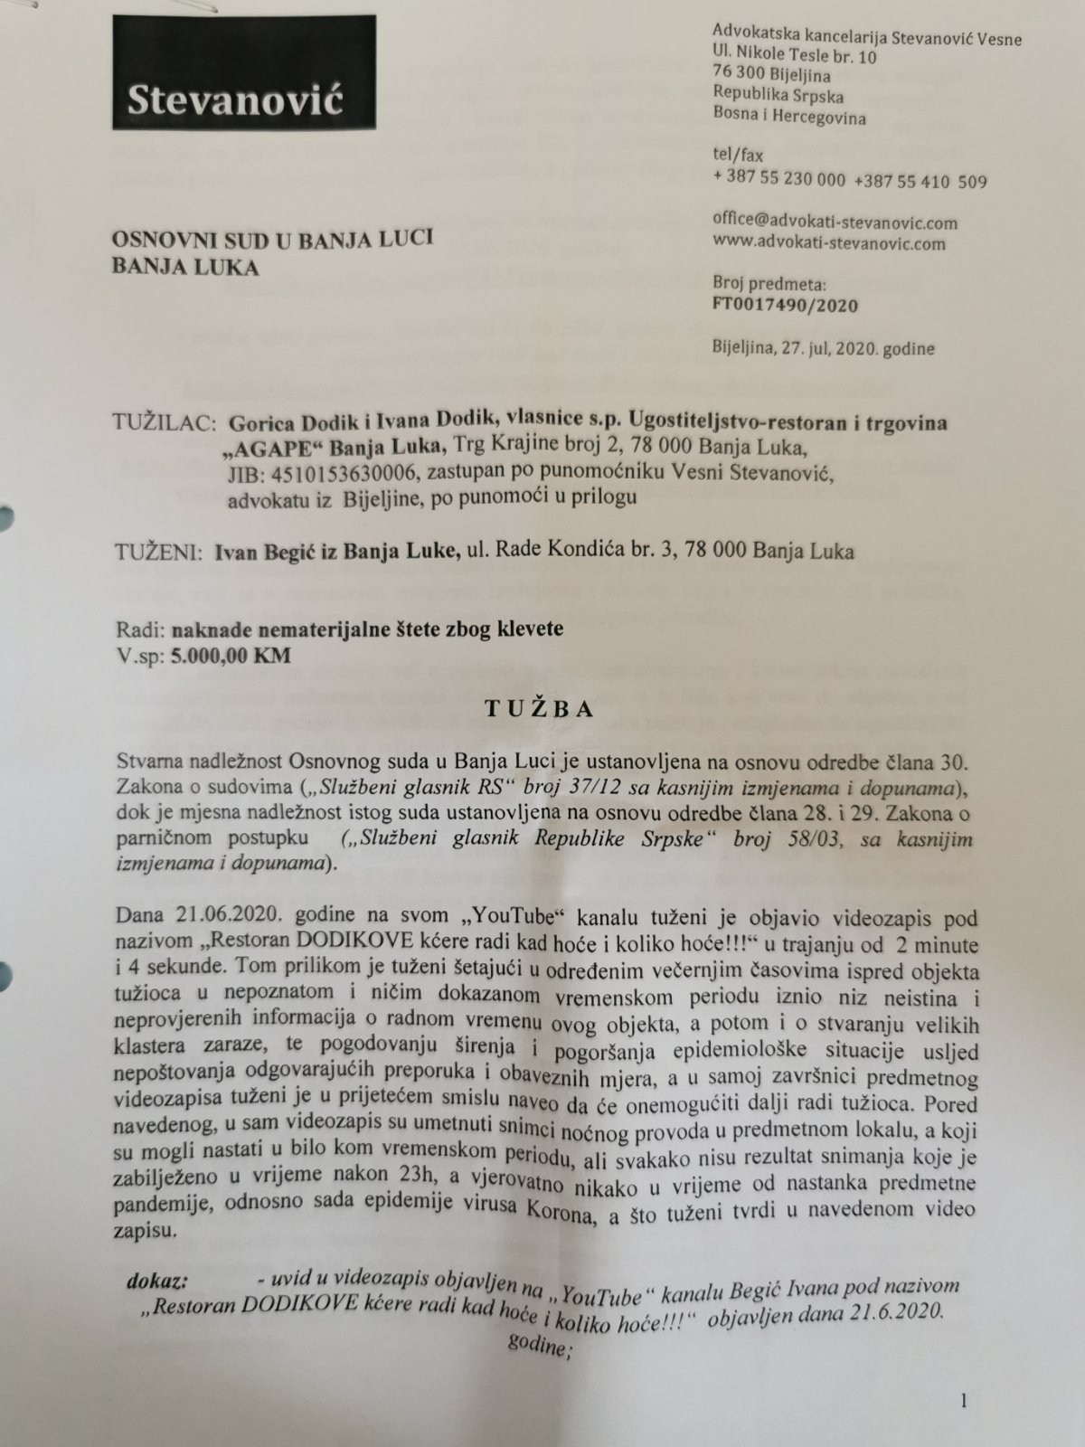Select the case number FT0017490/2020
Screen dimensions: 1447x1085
(785, 305)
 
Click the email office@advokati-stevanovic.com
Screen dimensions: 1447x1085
(835, 222)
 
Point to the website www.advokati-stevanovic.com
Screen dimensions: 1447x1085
(829, 243)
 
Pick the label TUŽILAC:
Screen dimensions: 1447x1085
(164, 423)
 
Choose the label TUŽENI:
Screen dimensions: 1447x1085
(160, 551)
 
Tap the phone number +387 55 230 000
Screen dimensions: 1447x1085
(779, 180)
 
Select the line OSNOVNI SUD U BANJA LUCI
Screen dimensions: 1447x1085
(272, 239)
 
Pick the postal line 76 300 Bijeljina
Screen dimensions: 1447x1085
(771, 76)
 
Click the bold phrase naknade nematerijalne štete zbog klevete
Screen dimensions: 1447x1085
(366, 629)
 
